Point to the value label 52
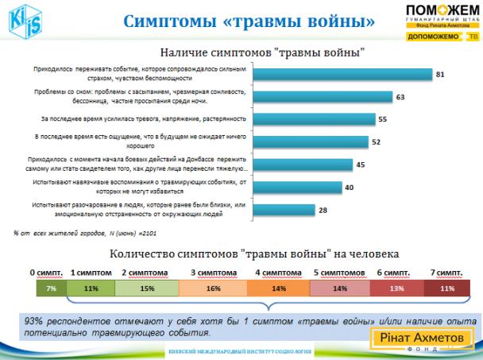pyautogui.click(x=377, y=142)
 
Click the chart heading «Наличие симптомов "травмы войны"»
pyautogui.click(x=263, y=52)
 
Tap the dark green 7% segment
pyautogui.click(x=50, y=288)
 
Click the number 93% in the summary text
pyautogui.click(x=36, y=320)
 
